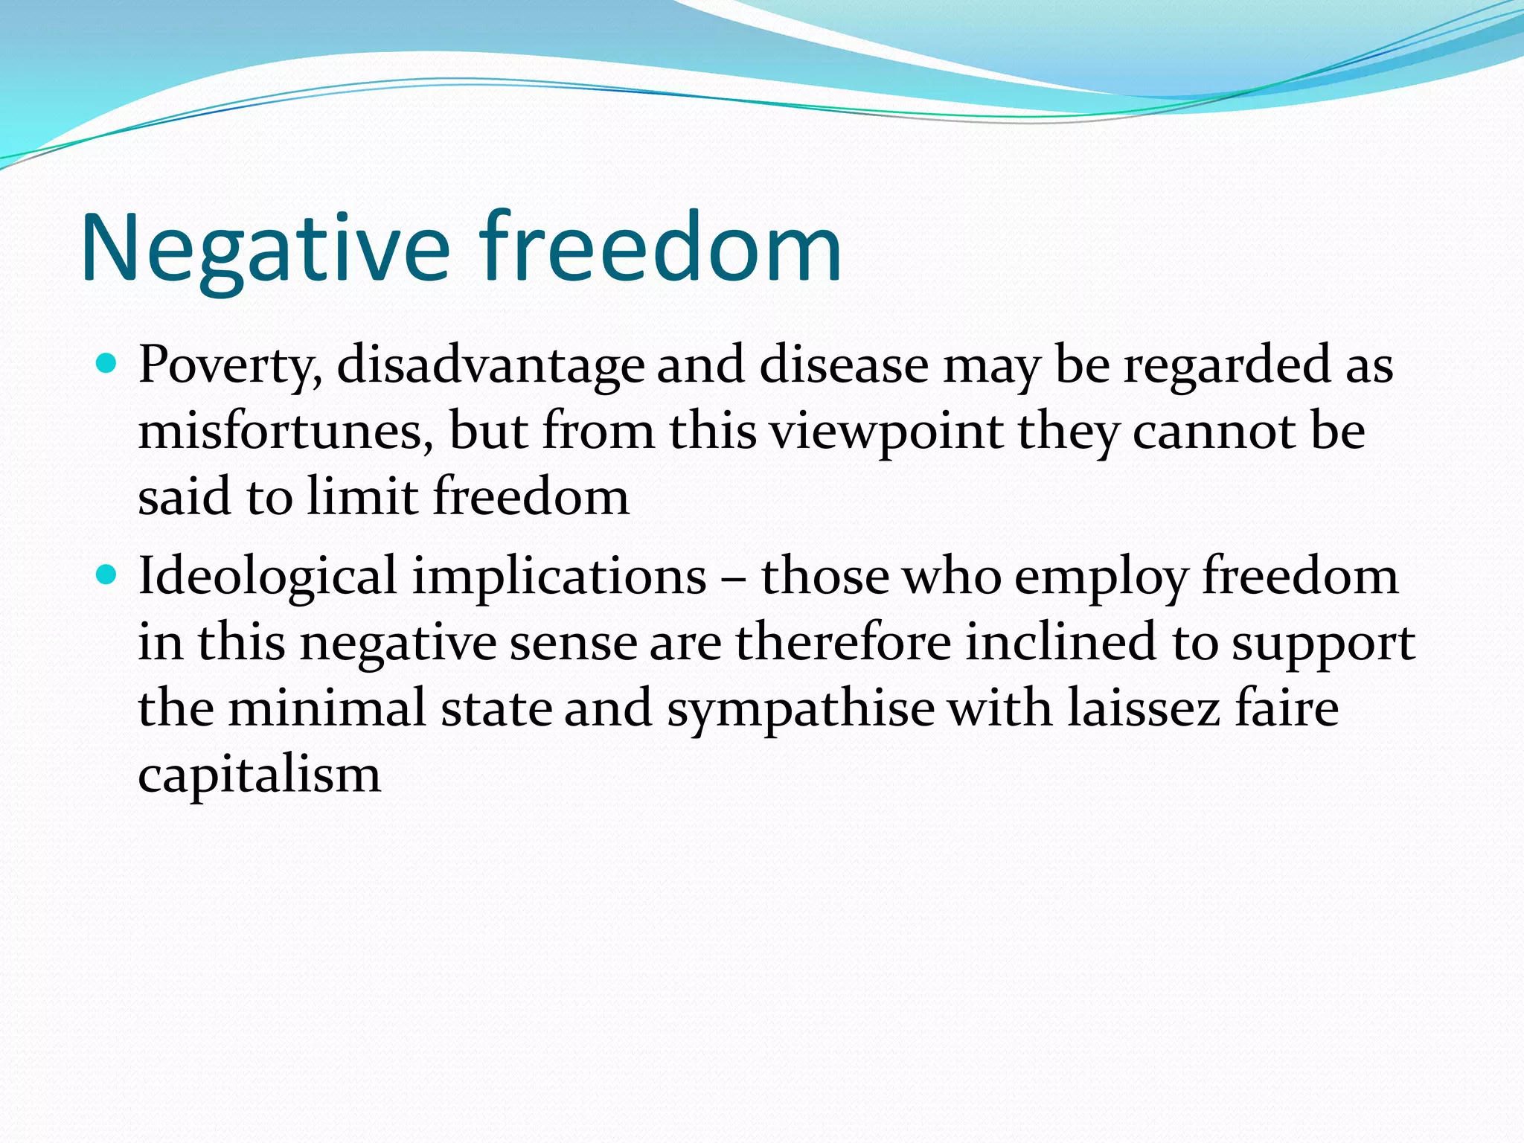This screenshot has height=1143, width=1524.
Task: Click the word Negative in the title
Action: pyautogui.click(x=266, y=249)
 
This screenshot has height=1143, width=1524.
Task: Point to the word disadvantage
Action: pyautogui.click(x=490, y=366)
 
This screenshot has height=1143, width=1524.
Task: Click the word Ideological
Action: pyautogui.click(x=268, y=578)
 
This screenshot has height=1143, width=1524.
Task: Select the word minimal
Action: pyautogui.click(x=327, y=708)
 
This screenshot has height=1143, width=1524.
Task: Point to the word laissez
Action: pyautogui.click(x=1144, y=707)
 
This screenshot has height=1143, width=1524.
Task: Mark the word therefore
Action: pyautogui.click(x=844, y=641)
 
